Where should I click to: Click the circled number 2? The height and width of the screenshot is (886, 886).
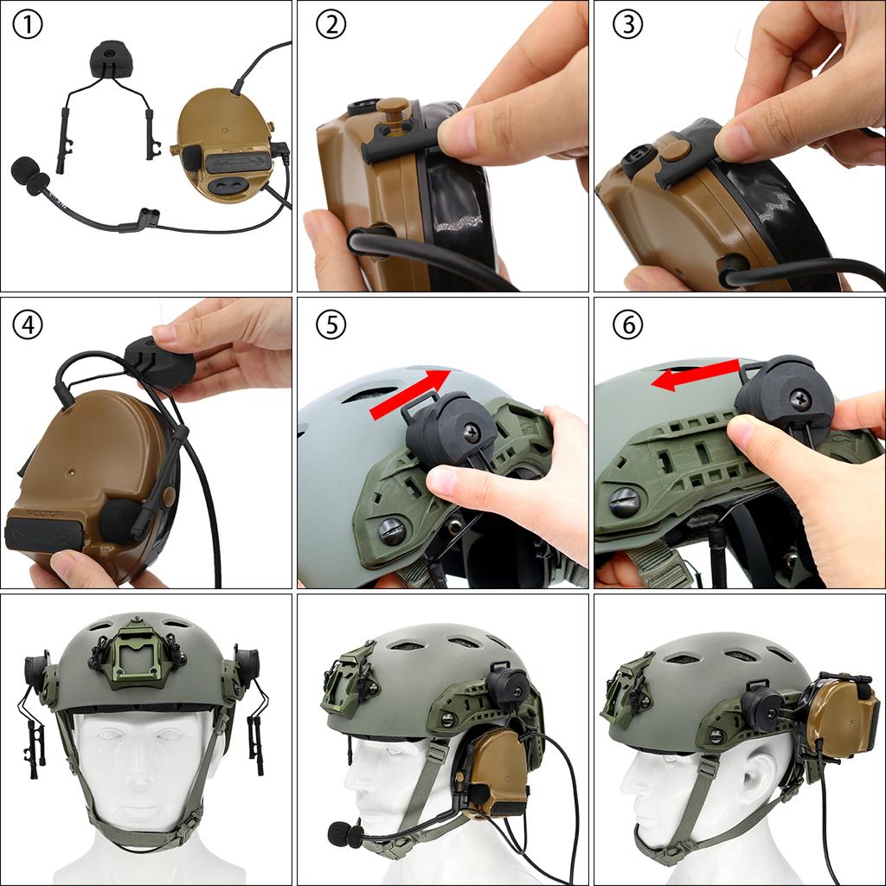[x=330, y=26]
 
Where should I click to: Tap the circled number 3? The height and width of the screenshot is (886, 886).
[x=627, y=26]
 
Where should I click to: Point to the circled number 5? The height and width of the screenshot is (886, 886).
[x=330, y=325]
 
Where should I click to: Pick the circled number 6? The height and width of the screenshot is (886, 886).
[x=627, y=325]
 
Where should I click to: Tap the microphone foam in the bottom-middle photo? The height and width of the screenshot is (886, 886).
[x=345, y=834]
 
